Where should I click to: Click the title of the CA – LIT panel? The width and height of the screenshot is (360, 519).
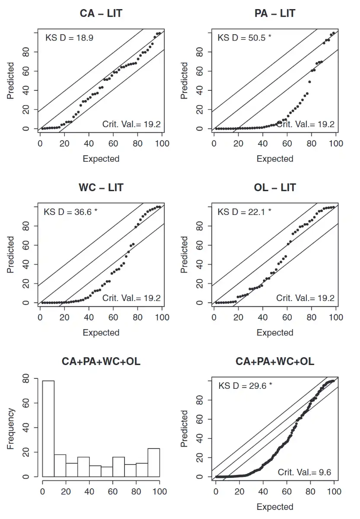point(101,13)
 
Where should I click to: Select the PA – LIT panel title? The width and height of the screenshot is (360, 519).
point(275,13)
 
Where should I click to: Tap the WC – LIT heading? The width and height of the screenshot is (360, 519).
point(101,188)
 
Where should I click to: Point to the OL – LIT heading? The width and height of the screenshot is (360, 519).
point(275,188)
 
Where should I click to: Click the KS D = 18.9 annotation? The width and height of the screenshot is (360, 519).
point(70,38)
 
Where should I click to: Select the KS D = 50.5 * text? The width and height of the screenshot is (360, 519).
point(244,38)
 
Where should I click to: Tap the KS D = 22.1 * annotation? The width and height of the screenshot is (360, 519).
point(244,212)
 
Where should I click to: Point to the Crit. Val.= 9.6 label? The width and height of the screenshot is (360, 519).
point(304,472)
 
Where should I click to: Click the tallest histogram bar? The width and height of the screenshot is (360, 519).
point(48,428)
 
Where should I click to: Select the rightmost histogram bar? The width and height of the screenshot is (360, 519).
point(153,462)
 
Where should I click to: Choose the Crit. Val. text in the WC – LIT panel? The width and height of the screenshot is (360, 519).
point(131,298)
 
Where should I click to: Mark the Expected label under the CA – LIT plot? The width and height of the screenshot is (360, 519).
point(101,159)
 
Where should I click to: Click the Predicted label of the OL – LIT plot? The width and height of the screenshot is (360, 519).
point(185,254)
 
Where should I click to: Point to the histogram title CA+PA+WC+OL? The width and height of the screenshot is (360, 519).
point(101,362)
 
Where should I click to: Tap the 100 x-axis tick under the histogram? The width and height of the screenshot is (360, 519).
point(159,491)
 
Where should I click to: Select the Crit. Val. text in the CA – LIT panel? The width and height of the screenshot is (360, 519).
point(131,124)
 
